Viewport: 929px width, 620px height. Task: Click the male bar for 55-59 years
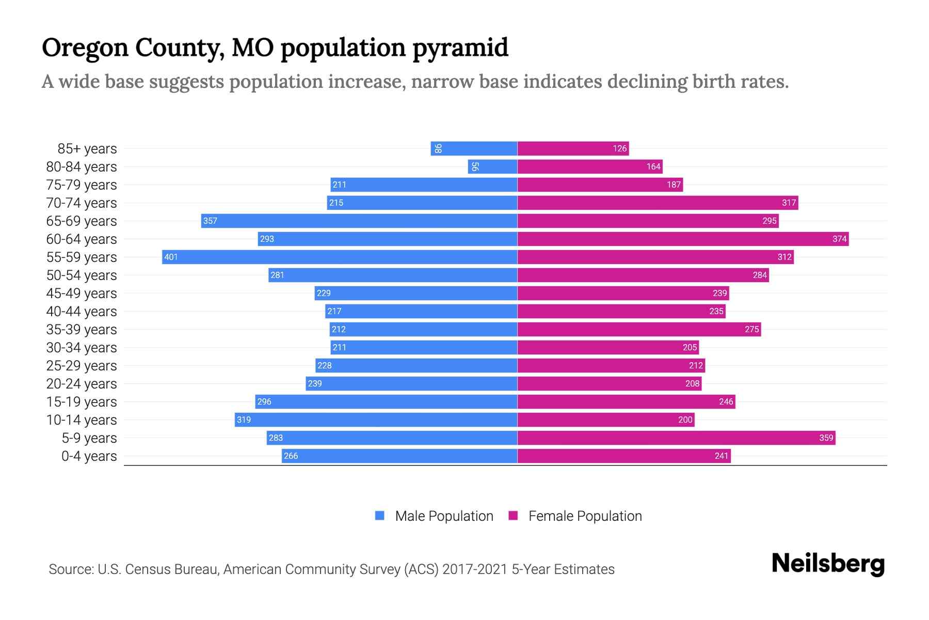[340, 257]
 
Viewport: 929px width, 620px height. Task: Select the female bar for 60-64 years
[683, 239]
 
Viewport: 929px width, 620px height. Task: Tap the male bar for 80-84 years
[493, 166]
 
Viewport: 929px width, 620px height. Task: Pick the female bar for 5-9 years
[676, 438]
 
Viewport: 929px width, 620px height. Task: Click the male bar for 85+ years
[474, 148]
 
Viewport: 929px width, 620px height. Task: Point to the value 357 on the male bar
[210, 221]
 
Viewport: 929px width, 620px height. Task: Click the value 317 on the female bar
[789, 203]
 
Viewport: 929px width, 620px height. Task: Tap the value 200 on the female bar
[685, 420]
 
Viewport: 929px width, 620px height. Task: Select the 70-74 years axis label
[82, 203]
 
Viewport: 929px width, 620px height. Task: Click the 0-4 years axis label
[89, 456]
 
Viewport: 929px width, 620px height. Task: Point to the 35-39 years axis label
[82, 329]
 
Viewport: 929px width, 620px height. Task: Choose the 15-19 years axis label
[82, 401]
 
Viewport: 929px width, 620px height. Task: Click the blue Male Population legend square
[380, 516]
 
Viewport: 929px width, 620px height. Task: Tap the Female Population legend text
[585, 516]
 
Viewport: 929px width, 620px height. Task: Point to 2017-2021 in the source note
[475, 569]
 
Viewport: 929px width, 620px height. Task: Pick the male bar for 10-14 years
[376, 420]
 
